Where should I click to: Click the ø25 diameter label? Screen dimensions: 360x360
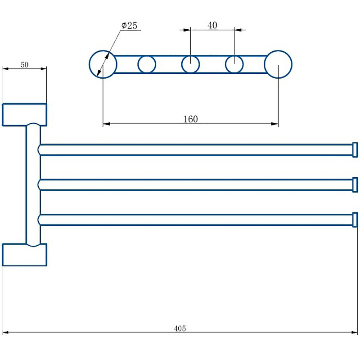pos(129,26)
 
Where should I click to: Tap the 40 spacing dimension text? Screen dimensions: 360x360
pos(212,25)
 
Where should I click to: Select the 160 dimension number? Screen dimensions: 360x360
pos(190,119)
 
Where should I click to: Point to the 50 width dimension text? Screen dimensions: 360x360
pos(25,65)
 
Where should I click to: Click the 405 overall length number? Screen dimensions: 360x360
pos(180,328)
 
